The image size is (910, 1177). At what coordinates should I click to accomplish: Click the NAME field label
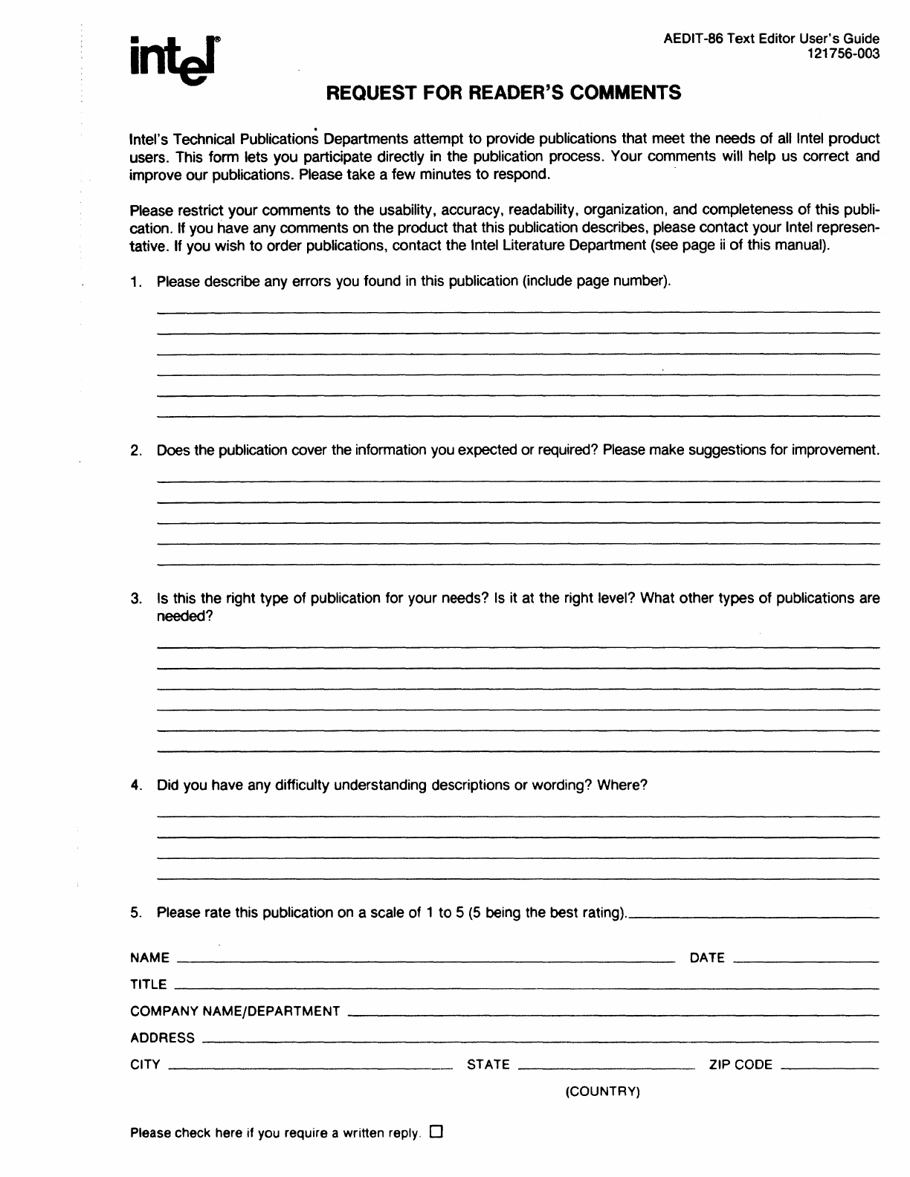(149, 958)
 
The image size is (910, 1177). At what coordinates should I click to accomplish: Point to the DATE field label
(707, 958)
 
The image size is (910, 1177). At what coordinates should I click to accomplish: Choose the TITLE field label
(149, 985)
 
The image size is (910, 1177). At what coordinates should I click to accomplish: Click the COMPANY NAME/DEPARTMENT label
(235, 1011)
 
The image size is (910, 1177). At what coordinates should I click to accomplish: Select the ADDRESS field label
(162, 1038)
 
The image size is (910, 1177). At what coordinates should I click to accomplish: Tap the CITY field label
(145, 1065)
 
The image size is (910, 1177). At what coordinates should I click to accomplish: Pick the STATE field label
(488, 1065)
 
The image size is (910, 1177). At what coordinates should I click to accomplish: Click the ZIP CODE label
(740, 1065)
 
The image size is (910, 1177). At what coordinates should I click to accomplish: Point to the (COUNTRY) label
(603, 1092)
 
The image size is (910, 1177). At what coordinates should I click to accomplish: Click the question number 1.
(135, 282)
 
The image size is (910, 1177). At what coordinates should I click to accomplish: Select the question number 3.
(135, 598)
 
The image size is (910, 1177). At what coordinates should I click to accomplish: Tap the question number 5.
(135, 912)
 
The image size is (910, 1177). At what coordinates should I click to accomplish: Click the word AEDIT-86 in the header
(693, 39)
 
